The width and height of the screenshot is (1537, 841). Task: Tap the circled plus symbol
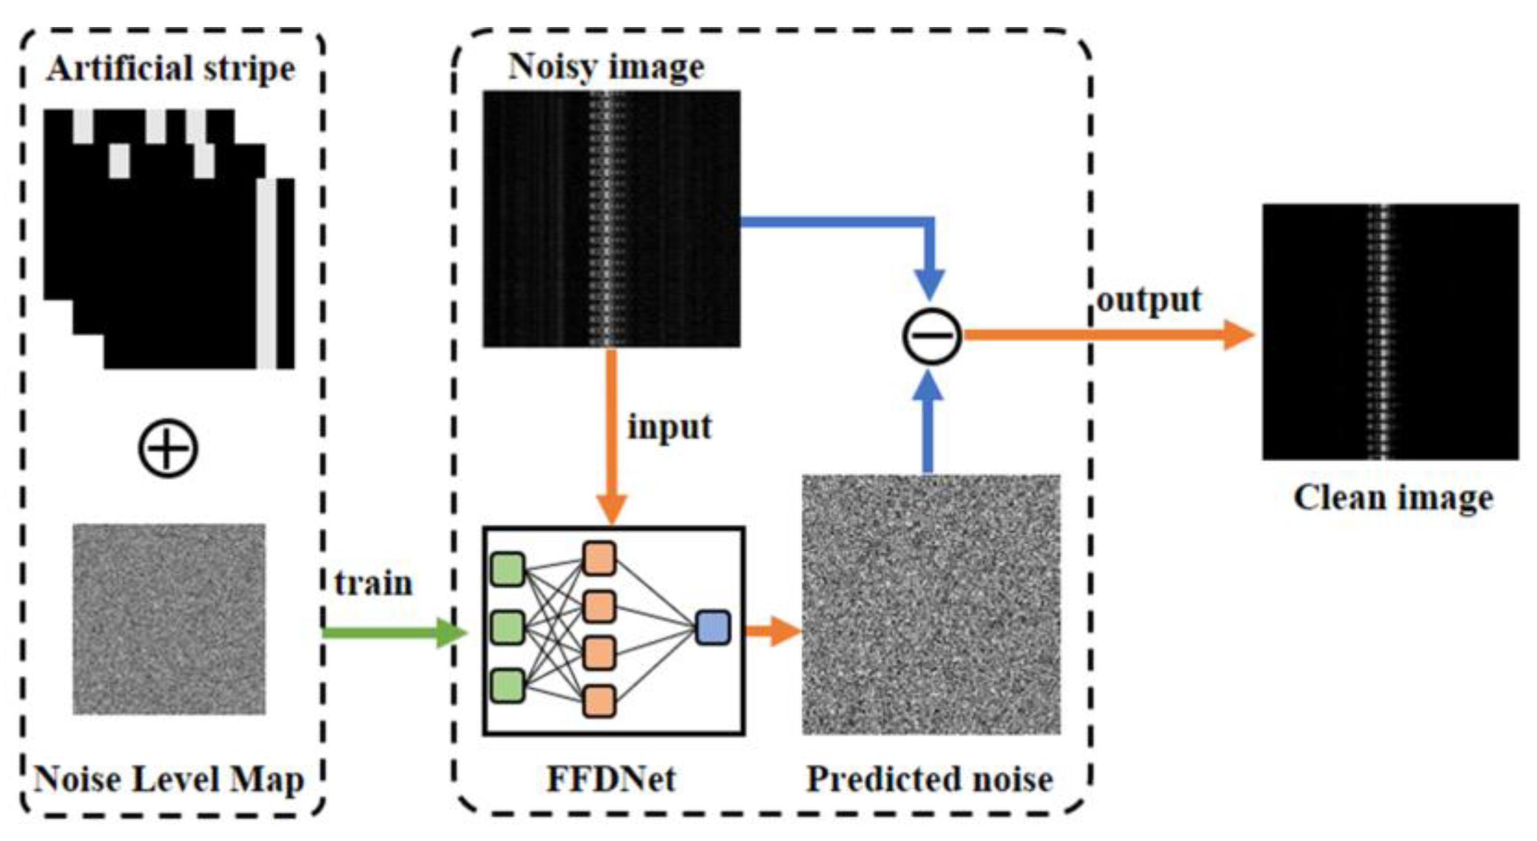pyautogui.click(x=168, y=448)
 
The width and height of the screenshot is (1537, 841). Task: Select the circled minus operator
pyautogui.click(x=931, y=337)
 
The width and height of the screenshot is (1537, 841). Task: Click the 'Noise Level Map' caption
pyautogui.click(x=169, y=779)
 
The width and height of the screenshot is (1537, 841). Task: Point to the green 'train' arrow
pyautogui.click(x=393, y=633)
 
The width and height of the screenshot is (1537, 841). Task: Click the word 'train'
pyautogui.click(x=373, y=583)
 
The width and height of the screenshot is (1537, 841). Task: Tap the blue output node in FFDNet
pyautogui.click(x=713, y=627)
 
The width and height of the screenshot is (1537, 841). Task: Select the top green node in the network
pyautogui.click(x=508, y=569)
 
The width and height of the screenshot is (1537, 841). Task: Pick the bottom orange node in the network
pyautogui.click(x=599, y=701)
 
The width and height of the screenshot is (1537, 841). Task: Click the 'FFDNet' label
pyautogui.click(x=611, y=779)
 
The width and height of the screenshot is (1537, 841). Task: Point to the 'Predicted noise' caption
pyautogui.click(x=929, y=779)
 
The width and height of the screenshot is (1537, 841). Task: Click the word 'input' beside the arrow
pyautogui.click(x=669, y=426)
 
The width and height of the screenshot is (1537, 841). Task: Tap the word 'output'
pyautogui.click(x=1149, y=300)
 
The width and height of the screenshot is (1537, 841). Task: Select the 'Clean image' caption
pyautogui.click(x=1393, y=497)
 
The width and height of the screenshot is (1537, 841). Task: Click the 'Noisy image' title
pyautogui.click(x=606, y=66)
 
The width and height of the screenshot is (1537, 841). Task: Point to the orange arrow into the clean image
pyautogui.click(x=1106, y=335)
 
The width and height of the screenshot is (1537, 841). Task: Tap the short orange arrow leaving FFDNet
pyautogui.click(x=771, y=631)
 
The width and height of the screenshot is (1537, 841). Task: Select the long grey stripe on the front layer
pyautogui.click(x=266, y=273)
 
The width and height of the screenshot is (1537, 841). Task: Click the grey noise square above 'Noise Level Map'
pyautogui.click(x=169, y=619)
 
